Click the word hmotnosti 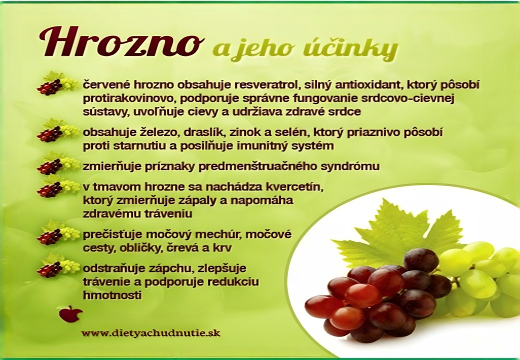coord(112,295)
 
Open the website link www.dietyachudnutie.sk coord(151,333)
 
